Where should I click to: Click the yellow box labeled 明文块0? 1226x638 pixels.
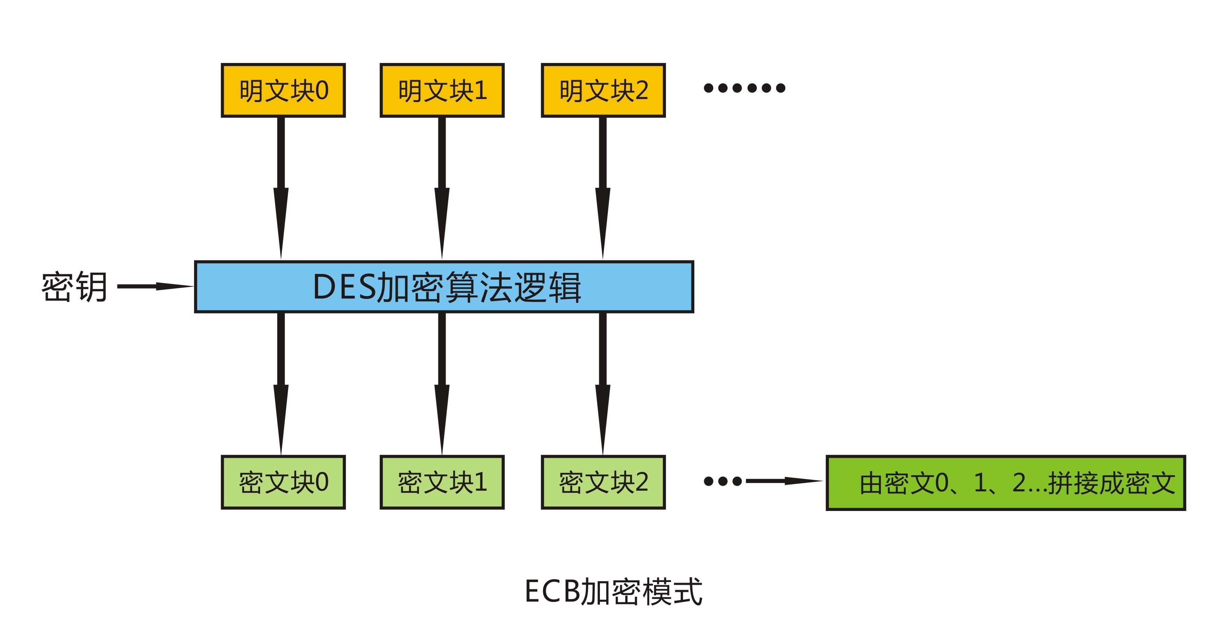283,90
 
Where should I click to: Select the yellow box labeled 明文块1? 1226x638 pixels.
442,90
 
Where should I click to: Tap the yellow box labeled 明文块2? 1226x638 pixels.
603,90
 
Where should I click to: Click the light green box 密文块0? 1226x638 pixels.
283,482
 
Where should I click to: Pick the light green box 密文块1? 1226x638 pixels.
442,482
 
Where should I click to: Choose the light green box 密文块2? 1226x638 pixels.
603,482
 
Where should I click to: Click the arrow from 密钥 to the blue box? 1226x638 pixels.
155,286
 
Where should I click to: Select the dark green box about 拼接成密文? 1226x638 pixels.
1006,483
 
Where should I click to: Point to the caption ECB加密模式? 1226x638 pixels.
613,591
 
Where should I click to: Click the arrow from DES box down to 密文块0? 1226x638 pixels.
281,381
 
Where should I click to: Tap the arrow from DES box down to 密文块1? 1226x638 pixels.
442,381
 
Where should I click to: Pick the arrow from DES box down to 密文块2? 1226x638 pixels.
603,381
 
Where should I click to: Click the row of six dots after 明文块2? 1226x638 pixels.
744,88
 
